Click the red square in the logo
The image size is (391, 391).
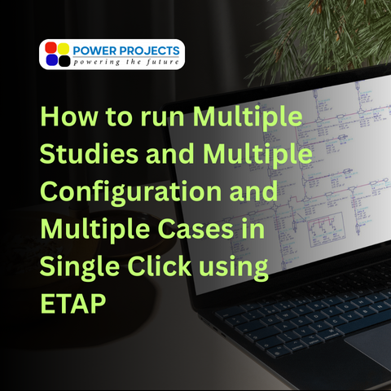click(51, 48)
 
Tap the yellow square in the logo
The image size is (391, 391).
click(64, 48)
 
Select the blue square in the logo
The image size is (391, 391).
click(51, 59)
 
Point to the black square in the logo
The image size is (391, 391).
click(64, 59)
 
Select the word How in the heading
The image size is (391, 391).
click(65, 119)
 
